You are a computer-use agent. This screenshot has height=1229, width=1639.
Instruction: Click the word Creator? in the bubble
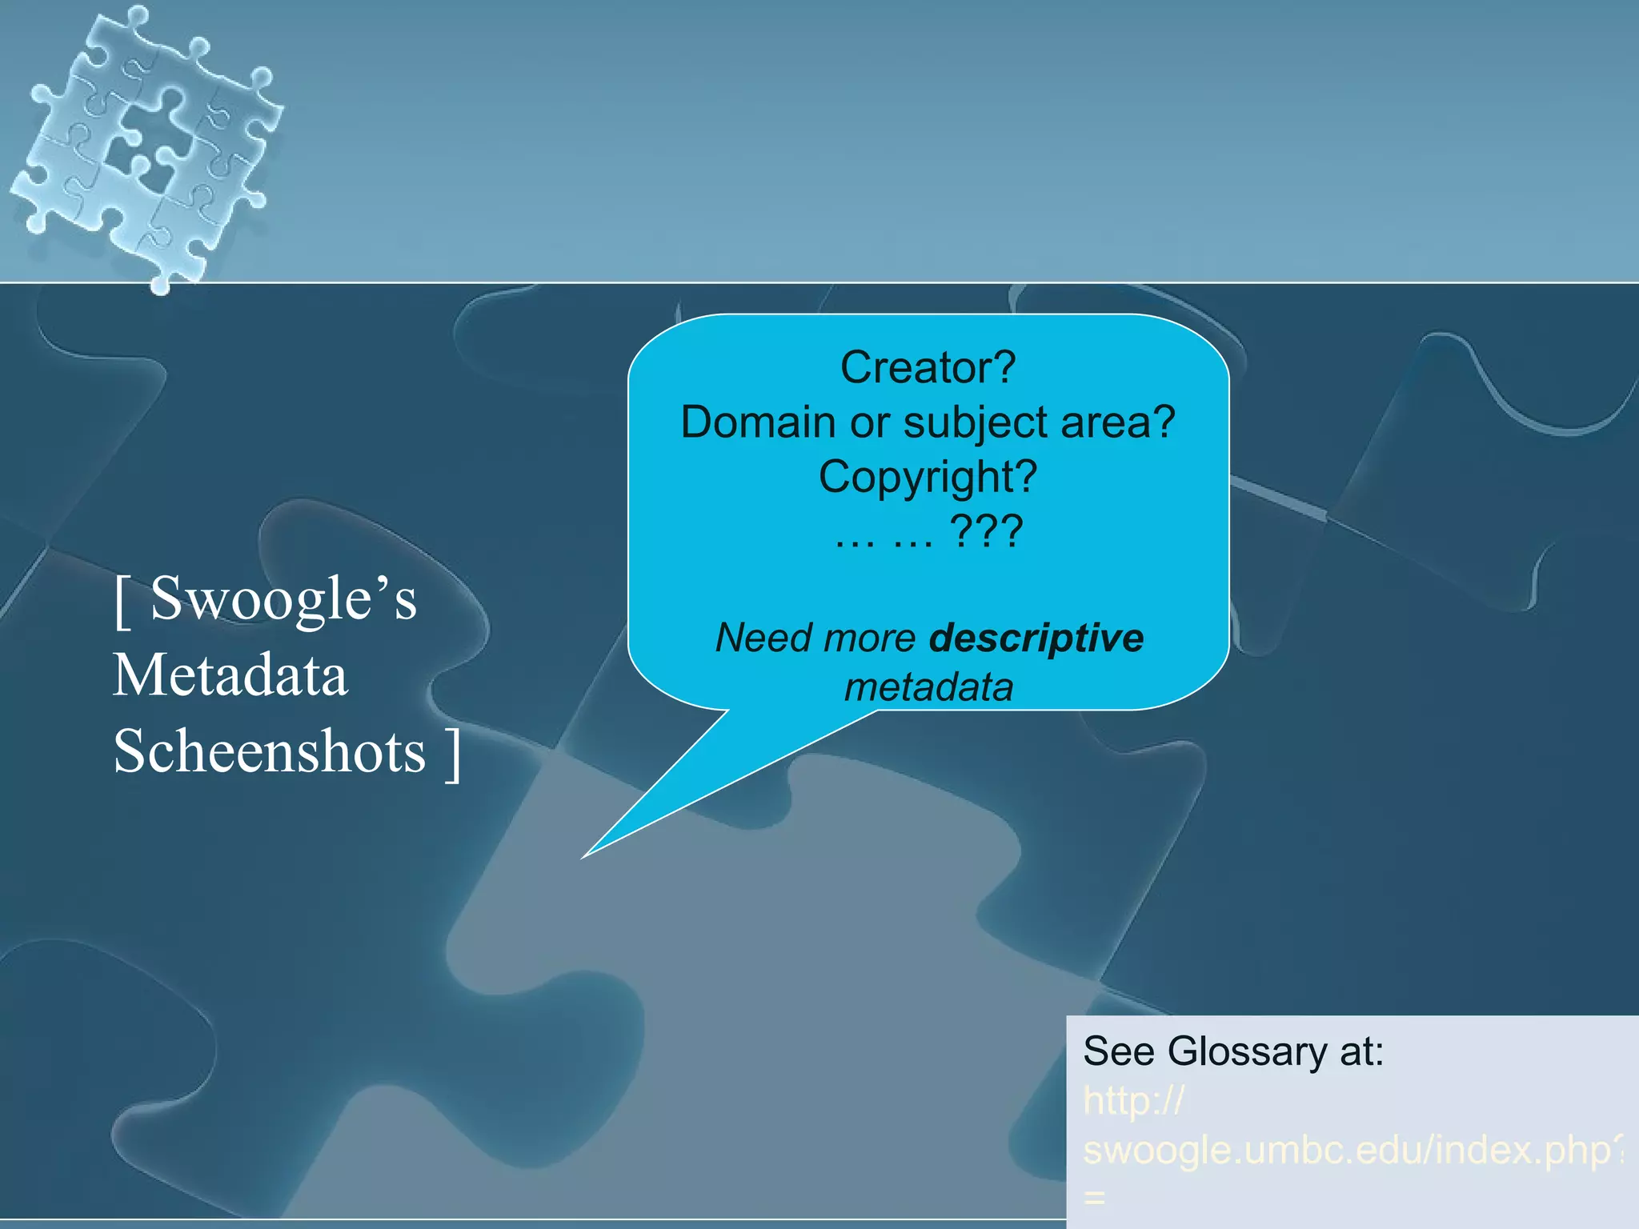coord(928,368)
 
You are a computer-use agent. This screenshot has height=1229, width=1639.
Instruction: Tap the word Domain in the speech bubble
coord(757,422)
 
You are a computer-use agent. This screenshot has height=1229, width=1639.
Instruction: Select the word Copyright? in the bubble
coord(928,477)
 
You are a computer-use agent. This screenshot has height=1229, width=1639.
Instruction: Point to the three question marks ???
coord(985,531)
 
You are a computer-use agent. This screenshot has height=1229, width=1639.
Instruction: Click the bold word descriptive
coord(1036,638)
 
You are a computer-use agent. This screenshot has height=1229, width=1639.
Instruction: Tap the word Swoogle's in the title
coord(283,598)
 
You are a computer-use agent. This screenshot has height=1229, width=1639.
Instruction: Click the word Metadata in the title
coord(230,675)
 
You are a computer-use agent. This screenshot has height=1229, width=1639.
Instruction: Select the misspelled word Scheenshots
coord(270,751)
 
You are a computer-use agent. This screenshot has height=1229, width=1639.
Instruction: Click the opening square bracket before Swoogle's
coord(122,602)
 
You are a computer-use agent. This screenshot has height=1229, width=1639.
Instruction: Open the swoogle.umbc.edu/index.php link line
coord(1352,1150)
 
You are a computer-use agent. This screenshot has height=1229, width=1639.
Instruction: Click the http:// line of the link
coord(1132,1101)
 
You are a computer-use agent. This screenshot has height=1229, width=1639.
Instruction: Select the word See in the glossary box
coord(1118,1051)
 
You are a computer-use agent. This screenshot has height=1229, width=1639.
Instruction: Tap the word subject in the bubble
coord(975,423)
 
